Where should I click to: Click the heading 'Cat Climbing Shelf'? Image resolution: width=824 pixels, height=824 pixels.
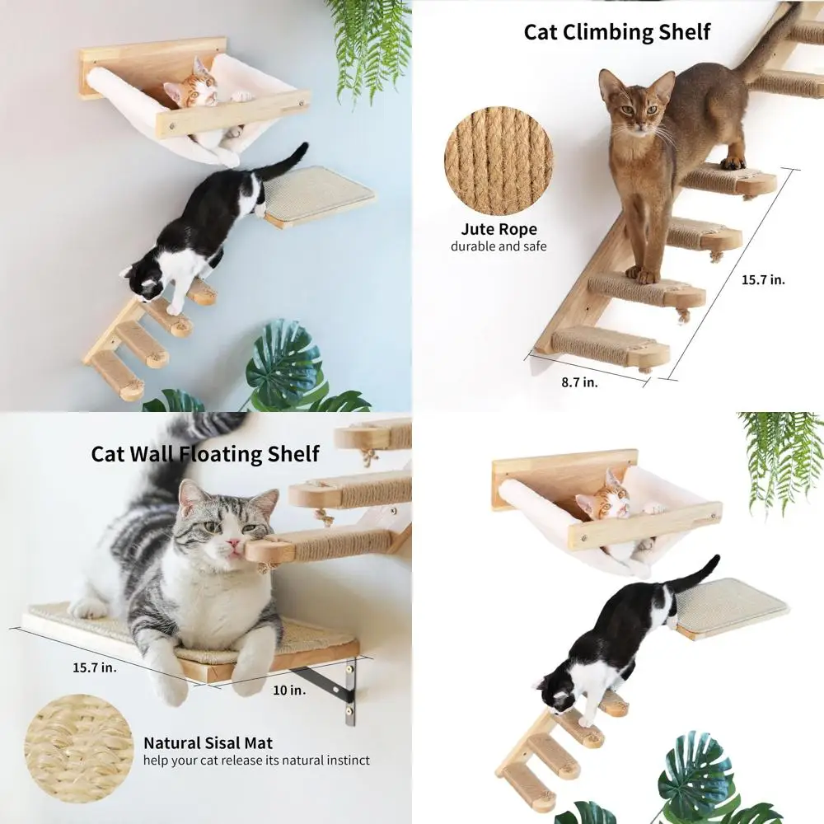click(x=616, y=32)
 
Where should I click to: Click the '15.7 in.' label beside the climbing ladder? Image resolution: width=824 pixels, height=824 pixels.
click(x=762, y=279)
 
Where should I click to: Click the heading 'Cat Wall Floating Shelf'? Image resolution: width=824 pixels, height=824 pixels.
click(x=205, y=453)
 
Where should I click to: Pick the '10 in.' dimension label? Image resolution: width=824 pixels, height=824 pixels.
click(x=289, y=690)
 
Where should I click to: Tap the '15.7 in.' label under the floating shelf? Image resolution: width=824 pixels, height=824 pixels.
click(x=96, y=667)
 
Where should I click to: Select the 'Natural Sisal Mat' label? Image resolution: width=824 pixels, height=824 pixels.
click(x=208, y=742)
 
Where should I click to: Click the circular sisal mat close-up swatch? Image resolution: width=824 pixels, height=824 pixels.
click(x=78, y=748)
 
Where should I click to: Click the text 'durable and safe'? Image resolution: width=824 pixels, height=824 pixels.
click(x=498, y=246)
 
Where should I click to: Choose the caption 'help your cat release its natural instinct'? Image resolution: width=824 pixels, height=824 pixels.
click(x=256, y=761)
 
